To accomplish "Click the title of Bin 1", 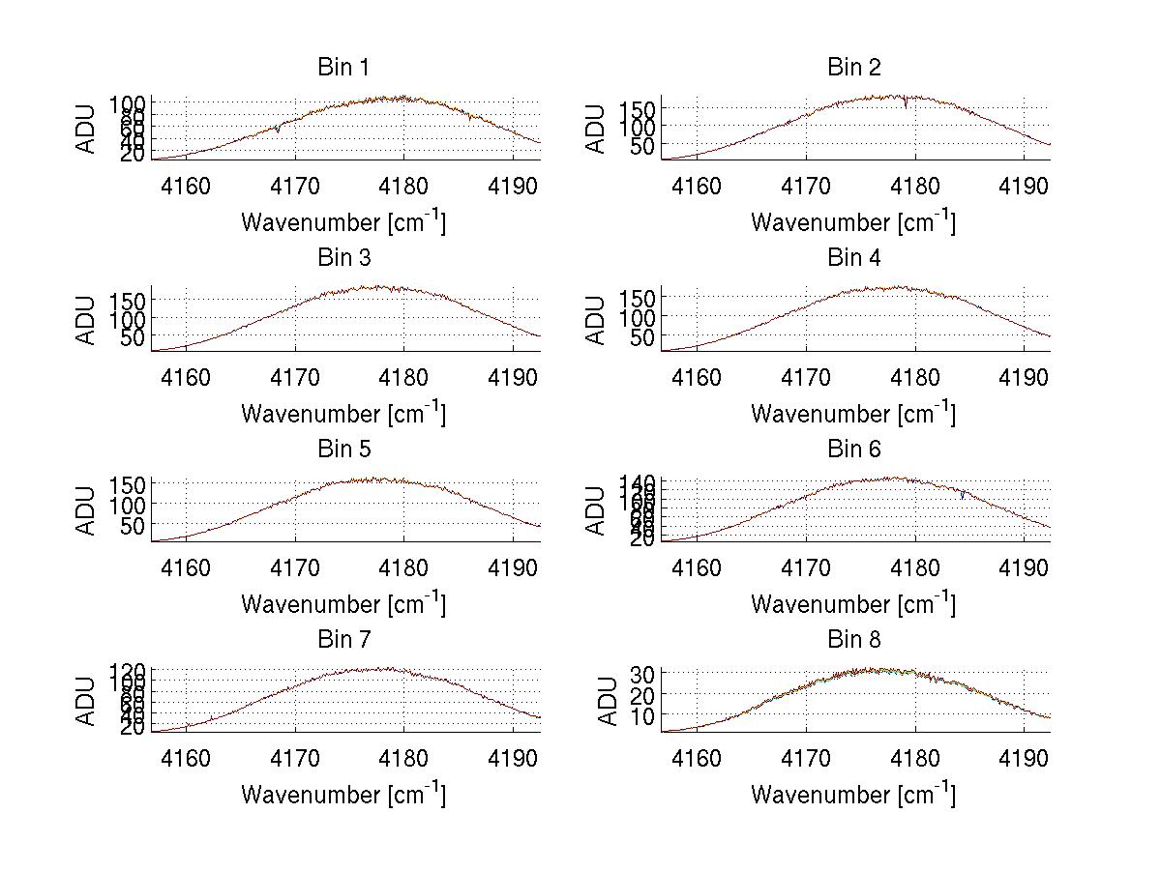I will [x=343, y=68].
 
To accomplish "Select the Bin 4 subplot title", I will [x=853, y=258].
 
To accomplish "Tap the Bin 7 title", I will [x=343, y=640].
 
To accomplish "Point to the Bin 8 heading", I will [x=853, y=640].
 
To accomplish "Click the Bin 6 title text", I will [x=853, y=450].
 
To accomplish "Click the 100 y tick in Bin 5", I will [x=119, y=505].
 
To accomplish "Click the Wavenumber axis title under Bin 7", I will [x=343, y=794].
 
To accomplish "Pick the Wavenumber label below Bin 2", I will [x=853, y=221].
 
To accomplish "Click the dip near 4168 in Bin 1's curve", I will [x=278, y=130].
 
